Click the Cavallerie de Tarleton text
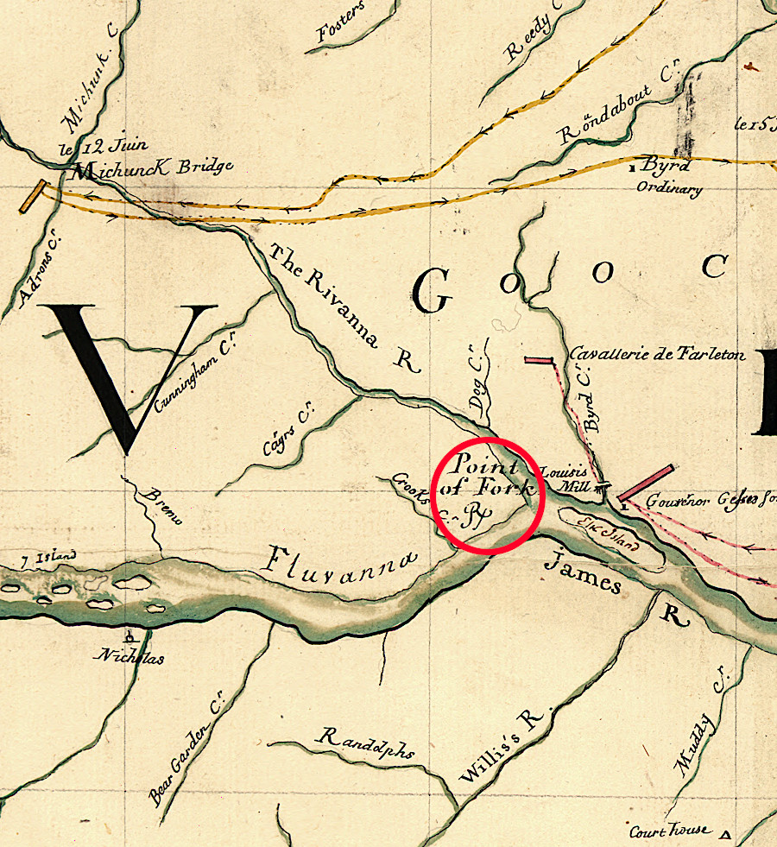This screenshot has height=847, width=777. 657,355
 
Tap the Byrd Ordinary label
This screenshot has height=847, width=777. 670,176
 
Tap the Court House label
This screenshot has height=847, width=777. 670,831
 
